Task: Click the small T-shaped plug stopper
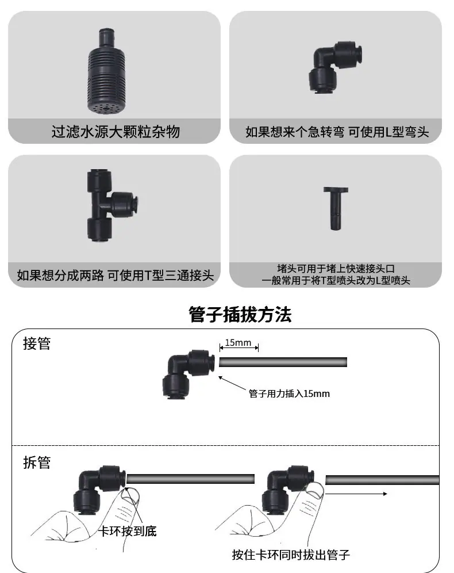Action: tap(336, 208)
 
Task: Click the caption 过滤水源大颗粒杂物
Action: tap(116, 132)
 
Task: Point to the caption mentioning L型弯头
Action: tap(337, 132)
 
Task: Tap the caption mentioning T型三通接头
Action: tap(116, 275)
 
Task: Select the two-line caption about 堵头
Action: tap(336, 274)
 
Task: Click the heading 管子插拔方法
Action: tap(240, 315)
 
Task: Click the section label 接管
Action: tap(37, 343)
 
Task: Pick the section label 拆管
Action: tap(37, 463)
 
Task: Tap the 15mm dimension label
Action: tap(238, 343)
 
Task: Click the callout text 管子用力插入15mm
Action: tap(289, 394)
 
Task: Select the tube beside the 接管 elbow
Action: tap(283, 362)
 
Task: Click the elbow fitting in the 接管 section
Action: tap(188, 373)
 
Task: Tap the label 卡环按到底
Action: tap(128, 531)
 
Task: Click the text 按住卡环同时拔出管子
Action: tap(291, 555)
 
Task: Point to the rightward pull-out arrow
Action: tap(356, 494)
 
